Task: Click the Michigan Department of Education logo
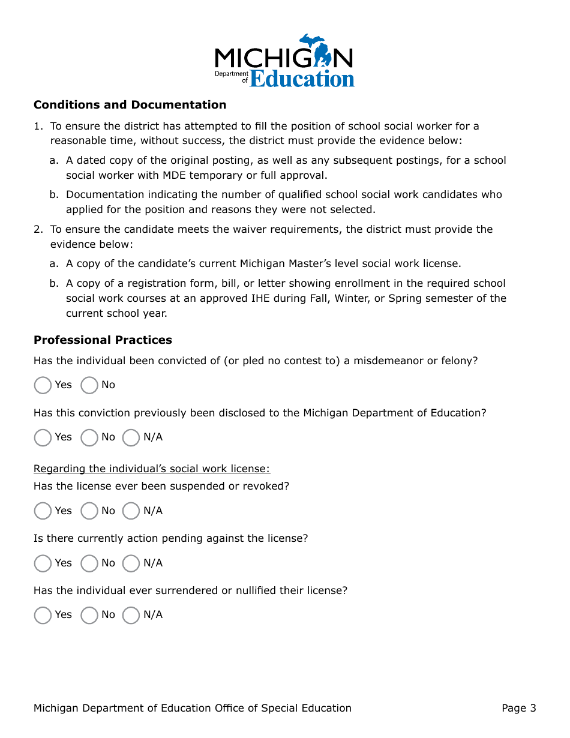point(284,61)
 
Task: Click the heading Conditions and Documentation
point(130,105)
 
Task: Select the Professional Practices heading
point(103,340)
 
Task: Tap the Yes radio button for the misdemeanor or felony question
point(43,385)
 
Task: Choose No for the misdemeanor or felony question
point(89,385)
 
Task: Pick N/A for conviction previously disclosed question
point(131,437)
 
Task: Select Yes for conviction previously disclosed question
point(43,437)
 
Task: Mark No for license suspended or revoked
point(89,511)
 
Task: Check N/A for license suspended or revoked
point(131,511)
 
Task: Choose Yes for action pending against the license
point(43,563)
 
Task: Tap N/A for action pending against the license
point(131,563)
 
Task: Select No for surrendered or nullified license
point(89,615)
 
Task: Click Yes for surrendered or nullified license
point(43,615)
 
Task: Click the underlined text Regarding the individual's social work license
point(152,469)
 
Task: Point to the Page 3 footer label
point(519,709)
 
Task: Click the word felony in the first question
point(458,361)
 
